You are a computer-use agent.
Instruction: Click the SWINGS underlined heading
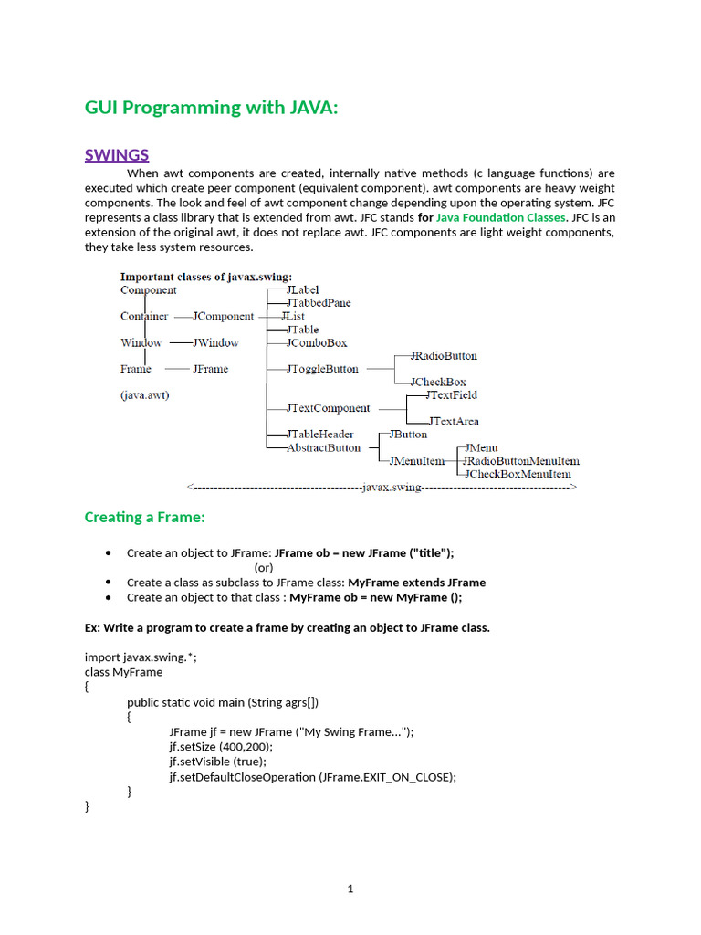[117, 154]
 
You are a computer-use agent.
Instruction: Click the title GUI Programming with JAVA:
[211, 108]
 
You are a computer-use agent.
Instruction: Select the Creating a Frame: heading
[145, 518]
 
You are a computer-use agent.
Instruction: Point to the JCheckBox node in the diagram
[438, 382]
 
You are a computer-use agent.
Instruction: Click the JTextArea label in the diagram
[454, 421]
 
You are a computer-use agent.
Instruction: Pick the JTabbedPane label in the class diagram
[319, 303]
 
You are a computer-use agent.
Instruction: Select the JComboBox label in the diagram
[317, 342]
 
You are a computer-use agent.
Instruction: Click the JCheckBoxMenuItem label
[518, 474]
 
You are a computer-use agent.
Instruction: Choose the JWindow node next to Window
[215, 342]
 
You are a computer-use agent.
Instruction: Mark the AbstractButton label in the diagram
[323, 447]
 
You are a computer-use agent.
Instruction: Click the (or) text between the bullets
[264, 567]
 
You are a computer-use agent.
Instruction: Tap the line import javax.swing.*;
[141, 657]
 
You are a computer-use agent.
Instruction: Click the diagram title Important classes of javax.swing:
[207, 277]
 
